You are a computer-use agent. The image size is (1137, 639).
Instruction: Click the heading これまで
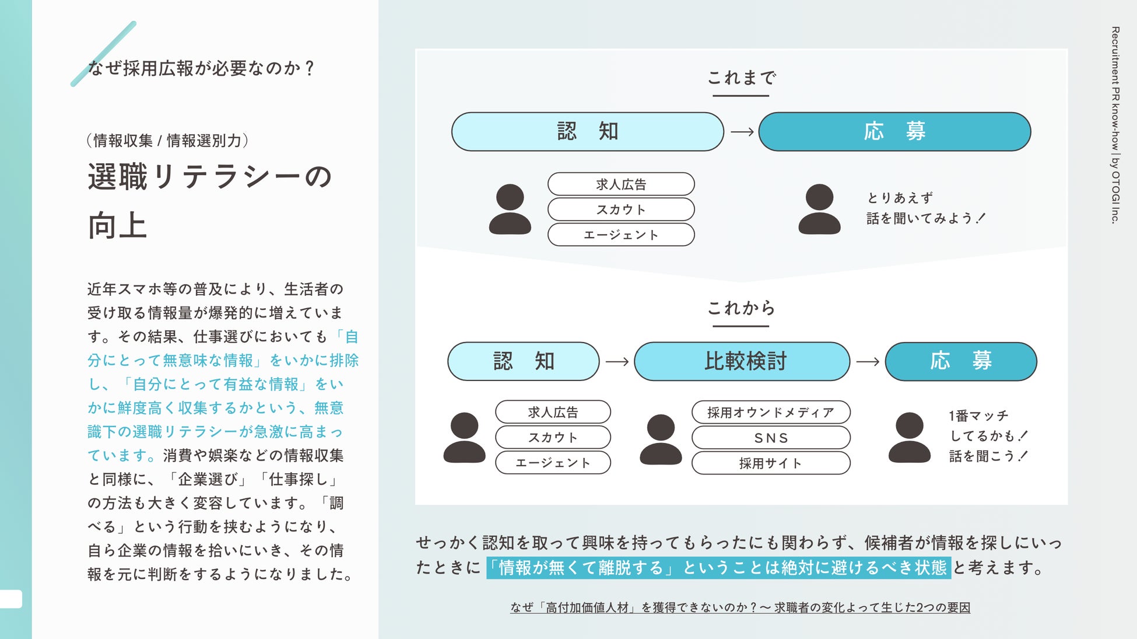[x=741, y=78]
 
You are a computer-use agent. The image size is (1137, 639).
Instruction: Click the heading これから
[x=741, y=308]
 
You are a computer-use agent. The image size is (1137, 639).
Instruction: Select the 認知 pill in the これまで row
[x=587, y=131]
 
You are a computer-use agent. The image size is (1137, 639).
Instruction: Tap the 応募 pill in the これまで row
[x=894, y=131]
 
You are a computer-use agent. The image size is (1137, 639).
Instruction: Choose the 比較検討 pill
[x=742, y=361]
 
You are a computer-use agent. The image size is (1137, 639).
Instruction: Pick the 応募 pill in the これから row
[x=960, y=361]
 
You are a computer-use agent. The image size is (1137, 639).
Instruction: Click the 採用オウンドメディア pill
[x=770, y=413]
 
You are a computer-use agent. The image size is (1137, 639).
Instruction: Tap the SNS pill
[x=770, y=438]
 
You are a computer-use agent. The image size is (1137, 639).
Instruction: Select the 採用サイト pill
[x=770, y=463]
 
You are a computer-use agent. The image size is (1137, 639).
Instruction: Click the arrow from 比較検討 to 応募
[x=868, y=362]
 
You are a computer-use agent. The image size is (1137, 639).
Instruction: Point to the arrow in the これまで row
[x=742, y=132]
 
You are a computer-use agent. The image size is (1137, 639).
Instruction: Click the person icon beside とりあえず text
[x=819, y=209]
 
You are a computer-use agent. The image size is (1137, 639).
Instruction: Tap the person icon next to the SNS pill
[x=661, y=439]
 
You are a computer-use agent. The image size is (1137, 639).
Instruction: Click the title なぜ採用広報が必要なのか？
[x=201, y=68]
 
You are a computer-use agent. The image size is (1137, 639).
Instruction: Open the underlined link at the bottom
[x=740, y=607]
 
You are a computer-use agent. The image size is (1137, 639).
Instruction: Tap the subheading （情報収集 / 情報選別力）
[x=167, y=141]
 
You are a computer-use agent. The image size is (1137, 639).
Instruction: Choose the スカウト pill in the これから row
[x=552, y=438]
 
